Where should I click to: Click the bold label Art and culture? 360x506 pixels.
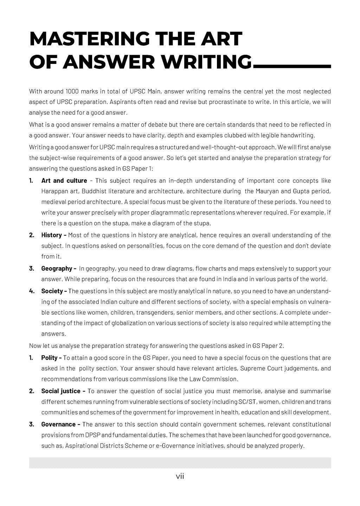(64, 181)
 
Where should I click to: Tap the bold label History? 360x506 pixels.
(52, 235)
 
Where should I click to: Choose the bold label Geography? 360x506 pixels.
(57, 268)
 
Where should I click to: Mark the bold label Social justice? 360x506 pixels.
(61, 391)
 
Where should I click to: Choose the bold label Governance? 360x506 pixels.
(58, 424)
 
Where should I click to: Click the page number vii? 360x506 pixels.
(180, 476)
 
